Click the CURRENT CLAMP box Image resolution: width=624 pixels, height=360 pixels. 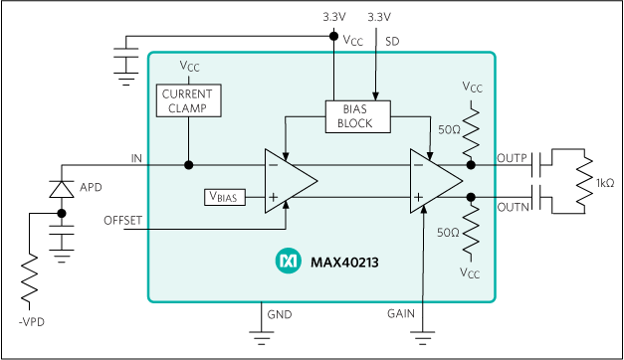(x=188, y=99)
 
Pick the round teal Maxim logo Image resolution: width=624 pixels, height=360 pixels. (x=287, y=262)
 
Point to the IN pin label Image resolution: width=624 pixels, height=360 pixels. (x=136, y=159)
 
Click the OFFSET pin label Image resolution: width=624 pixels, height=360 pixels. (x=123, y=219)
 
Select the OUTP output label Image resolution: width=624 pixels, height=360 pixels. (x=513, y=159)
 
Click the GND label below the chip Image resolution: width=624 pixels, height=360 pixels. (x=280, y=314)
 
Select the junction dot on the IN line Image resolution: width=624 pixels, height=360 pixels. (x=188, y=165)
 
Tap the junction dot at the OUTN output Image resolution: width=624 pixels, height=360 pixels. (x=471, y=197)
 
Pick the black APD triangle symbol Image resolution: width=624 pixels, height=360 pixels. (x=62, y=189)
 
